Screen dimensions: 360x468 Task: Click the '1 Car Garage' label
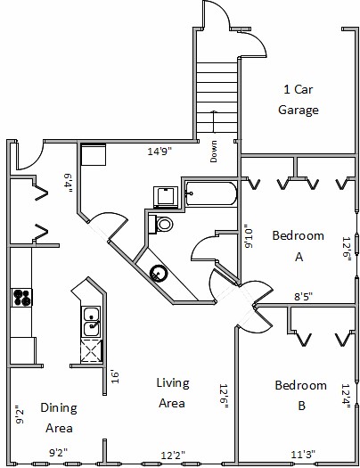[x=299, y=100]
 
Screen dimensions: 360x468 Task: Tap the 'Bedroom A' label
[x=299, y=246]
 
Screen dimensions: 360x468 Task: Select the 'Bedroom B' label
[x=300, y=395]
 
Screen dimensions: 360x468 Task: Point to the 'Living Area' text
[x=173, y=393]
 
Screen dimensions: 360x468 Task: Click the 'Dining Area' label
[x=59, y=417]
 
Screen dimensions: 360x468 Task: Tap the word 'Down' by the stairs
[x=214, y=152]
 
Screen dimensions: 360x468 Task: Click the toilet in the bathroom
[x=161, y=224]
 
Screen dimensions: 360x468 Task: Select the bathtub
[x=211, y=193]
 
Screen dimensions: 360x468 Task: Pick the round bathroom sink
[x=157, y=273]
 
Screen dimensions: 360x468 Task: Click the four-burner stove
[x=21, y=297]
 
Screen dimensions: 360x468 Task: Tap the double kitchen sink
[x=92, y=321]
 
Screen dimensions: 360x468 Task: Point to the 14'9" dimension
[x=160, y=152]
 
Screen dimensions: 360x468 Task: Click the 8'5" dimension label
[x=303, y=297]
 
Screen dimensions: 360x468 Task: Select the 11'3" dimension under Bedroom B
[x=303, y=455]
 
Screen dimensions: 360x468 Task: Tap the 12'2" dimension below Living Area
[x=173, y=456]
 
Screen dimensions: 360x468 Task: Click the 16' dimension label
[x=115, y=377]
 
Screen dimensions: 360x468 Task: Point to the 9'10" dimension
[x=249, y=236]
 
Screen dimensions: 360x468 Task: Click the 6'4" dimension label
[x=68, y=183]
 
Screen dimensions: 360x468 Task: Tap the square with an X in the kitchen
[x=91, y=350]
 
